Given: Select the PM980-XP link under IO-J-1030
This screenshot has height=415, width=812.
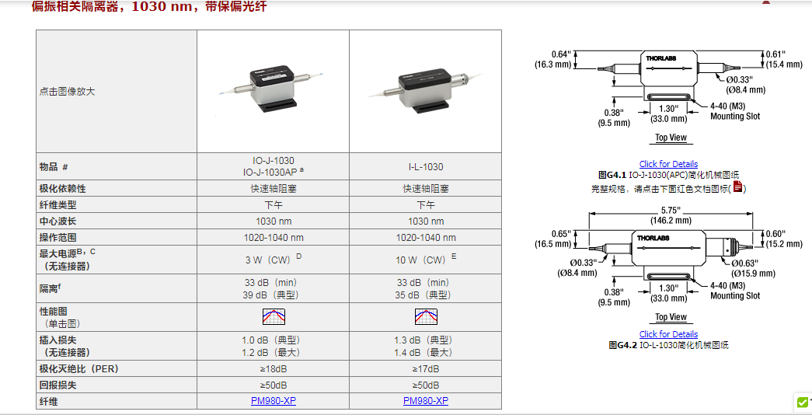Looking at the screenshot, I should pos(273,401).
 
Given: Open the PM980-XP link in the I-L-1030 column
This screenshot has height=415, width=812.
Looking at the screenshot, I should pos(425,401).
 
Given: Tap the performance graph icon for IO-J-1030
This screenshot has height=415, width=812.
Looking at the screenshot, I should pos(274,316).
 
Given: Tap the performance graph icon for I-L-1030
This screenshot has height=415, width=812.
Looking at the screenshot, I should pos(426,316).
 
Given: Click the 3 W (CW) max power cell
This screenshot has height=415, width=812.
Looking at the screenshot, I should pos(273,260).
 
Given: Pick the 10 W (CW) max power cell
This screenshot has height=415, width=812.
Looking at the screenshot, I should pos(426,260).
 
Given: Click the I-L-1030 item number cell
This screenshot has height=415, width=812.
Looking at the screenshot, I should pos(426,166).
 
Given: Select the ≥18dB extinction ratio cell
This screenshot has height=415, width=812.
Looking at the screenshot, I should pos(273,369).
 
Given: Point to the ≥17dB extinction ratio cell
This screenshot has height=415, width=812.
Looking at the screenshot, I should pos(426,369).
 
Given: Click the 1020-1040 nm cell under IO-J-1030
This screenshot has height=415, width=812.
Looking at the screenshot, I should pos(274,237).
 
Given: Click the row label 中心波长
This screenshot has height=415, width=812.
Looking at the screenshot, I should pos(59,221).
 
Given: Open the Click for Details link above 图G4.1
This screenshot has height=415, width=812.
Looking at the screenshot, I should pos(668,164).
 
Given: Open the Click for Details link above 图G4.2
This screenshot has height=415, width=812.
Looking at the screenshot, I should pos(668,334).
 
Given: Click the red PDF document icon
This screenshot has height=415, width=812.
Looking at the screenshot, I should pos(738,187).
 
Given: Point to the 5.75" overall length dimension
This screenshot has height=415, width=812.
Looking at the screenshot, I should pos(670,210).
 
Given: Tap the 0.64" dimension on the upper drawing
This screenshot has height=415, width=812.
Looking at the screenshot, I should pos(561,54).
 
